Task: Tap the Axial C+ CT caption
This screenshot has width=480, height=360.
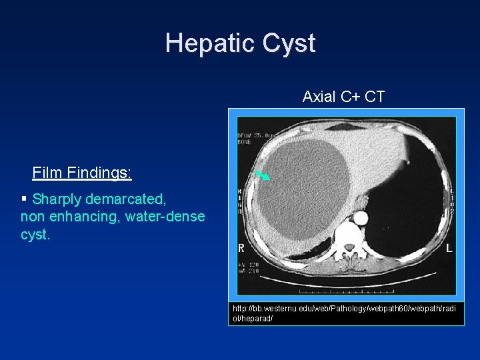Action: (343, 97)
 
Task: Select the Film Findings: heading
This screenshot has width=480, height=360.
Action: (82, 173)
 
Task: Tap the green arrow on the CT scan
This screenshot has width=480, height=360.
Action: (263, 175)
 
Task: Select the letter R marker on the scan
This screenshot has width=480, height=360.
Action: (242, 248)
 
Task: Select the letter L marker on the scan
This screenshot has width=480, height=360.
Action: (449, 248)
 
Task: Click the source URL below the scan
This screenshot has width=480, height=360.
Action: (345, 313)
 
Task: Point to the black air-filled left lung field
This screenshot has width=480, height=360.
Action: (407, 213)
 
